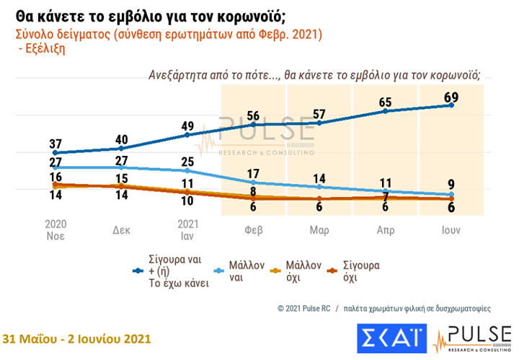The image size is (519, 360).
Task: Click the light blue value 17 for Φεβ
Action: click(x=254, y=173)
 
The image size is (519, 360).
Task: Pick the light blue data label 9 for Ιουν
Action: click(x=451, y=183)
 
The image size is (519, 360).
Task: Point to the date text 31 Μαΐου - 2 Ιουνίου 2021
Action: click(x=78, y=339)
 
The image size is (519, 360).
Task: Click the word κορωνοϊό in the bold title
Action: click(x=249, y=14)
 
